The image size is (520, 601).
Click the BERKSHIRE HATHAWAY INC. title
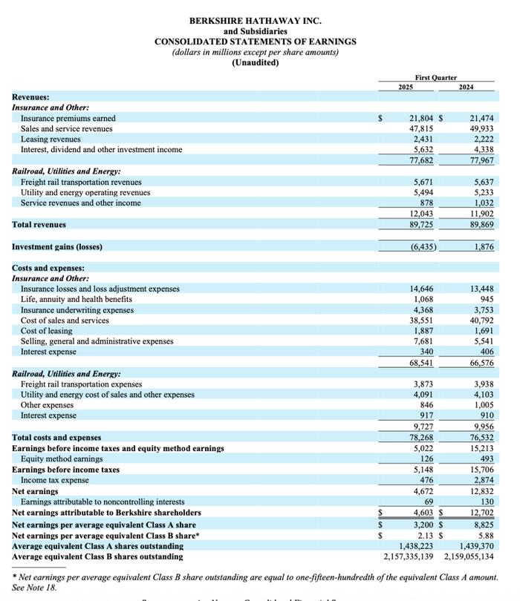tap(255, 21)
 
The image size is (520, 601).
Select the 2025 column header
tap(406, 88)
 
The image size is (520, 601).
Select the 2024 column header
tap(466, 88)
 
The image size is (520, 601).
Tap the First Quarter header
tap(435, 78)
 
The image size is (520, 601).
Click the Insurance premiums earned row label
tap(68, 118)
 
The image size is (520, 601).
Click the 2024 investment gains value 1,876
tap(483, 246)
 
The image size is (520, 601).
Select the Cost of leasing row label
tap(46, 331)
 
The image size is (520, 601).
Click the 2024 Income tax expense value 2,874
tap(483, 480)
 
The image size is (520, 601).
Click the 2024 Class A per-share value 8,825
tap(483, 525)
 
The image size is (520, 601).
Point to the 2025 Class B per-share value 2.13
tap(426, 536)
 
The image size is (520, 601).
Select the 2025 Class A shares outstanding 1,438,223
tap(411, 546)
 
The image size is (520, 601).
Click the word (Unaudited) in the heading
tap(255, 62)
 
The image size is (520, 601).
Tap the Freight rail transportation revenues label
tap(81, 182)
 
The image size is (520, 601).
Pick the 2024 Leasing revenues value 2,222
tap(483, 139)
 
